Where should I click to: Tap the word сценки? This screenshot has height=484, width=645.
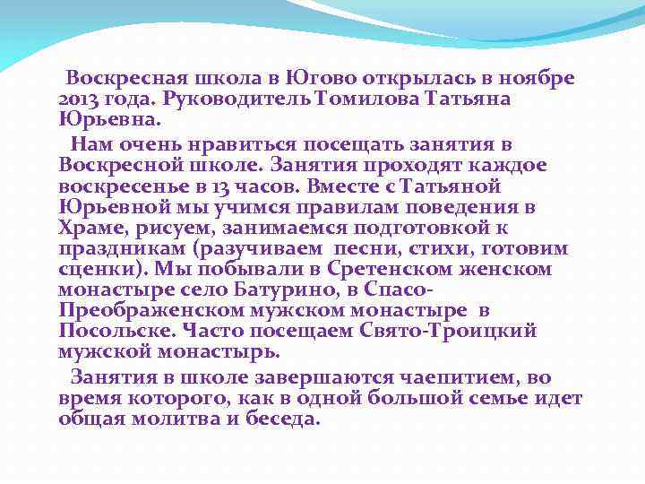[101, 269]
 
